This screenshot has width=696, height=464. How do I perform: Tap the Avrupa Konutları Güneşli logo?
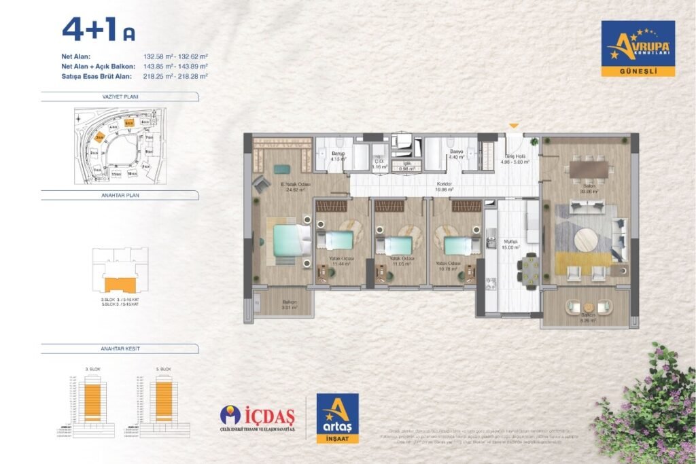point(638,48)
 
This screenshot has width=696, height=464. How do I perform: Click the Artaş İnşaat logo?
point(338,418)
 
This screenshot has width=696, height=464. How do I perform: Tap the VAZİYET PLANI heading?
point(120,97)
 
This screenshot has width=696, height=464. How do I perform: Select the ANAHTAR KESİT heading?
point(120,349)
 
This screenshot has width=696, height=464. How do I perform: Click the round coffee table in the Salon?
point(586,240)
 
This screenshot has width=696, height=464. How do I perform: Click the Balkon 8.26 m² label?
point(588,318)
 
